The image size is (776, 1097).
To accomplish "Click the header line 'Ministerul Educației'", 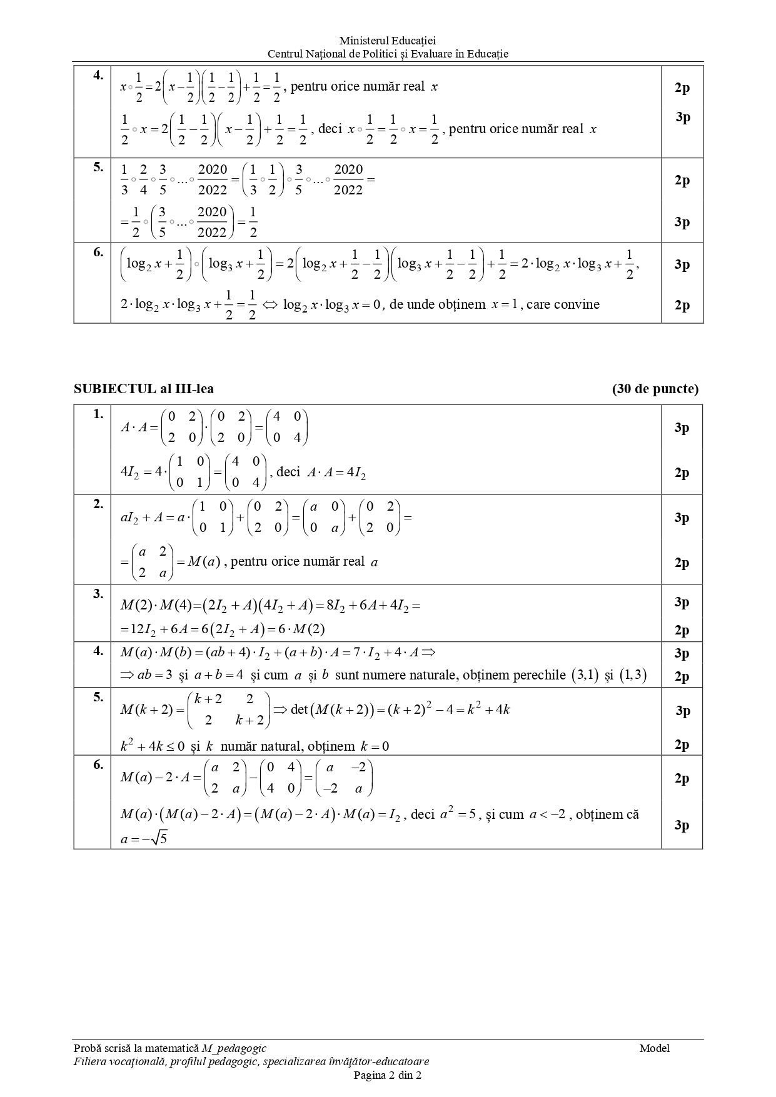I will [x=388, y=41].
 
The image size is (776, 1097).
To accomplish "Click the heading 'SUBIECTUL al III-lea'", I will [x=144, y=389].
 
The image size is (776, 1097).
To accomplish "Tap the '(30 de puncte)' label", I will [x=655, y=389].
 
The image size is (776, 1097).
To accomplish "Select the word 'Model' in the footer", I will [x=654, y=1048].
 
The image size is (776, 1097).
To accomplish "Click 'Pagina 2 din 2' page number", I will [x=388, y=1075].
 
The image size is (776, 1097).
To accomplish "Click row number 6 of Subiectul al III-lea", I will [x=98, y=764].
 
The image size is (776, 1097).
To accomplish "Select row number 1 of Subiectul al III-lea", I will [x=98, y=414].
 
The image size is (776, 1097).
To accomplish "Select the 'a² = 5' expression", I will [x=458, y=814].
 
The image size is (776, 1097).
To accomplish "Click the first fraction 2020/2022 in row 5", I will [x=213, y=179].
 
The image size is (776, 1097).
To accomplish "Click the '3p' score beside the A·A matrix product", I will [x=682, y=428].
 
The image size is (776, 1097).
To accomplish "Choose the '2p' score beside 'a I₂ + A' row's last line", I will [x=682, y=563].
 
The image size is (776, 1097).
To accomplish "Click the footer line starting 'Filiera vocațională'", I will [x=251, y=1061].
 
